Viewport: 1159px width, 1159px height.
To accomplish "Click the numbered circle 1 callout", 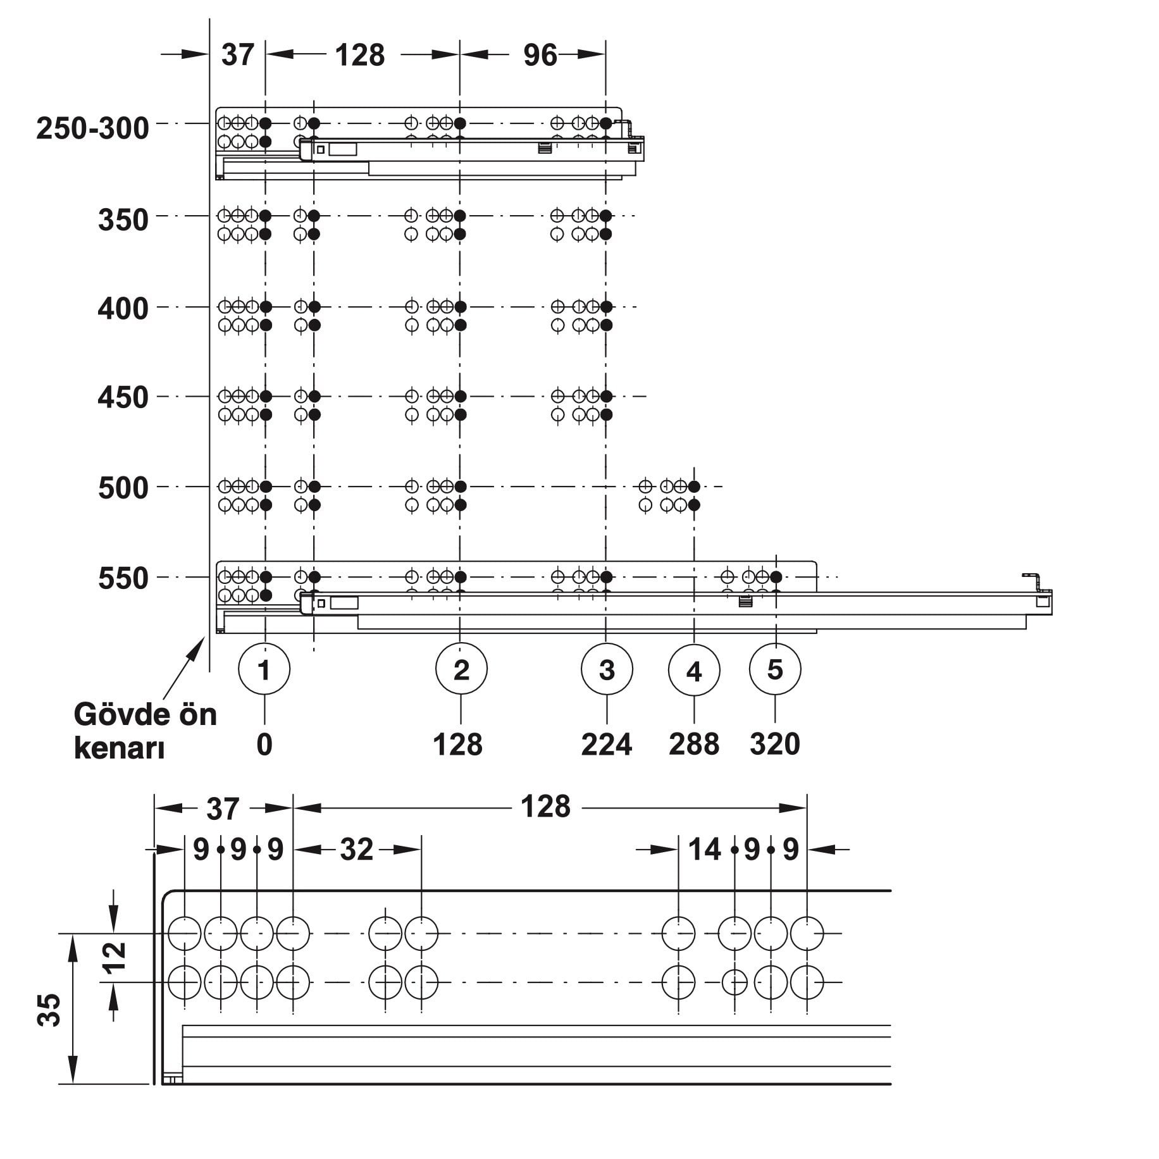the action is pos(264,669).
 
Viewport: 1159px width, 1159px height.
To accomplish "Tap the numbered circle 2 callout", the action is pos(461,669).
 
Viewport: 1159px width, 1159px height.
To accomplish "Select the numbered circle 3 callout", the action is pos(607,669).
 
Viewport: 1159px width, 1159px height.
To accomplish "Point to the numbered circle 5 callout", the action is pos(775,669).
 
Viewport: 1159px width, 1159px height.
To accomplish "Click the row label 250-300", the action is pos(93,128).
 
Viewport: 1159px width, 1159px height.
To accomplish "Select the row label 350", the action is pos(123,220).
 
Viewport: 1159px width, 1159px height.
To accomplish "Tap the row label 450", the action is pos(123,398).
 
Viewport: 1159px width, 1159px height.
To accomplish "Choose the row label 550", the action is pos(123,579).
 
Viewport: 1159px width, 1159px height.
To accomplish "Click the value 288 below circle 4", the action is pos(694,745).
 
